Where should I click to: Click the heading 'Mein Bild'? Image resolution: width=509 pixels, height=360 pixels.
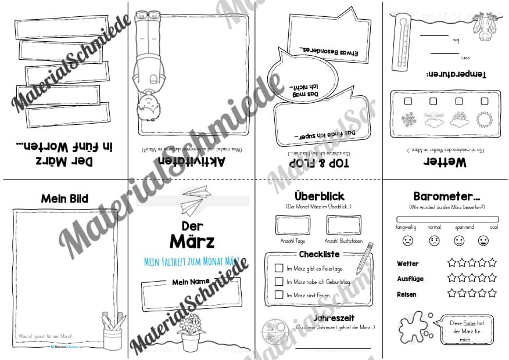(x=64, y=199)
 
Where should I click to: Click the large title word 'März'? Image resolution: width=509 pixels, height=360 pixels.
(x=192, y=240)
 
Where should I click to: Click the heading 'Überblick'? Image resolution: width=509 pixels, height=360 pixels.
(x=319, y=196)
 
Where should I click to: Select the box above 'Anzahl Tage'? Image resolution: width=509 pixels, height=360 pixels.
(x=292, y=225)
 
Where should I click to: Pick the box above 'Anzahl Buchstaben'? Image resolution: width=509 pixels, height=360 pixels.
(x=343, y=225)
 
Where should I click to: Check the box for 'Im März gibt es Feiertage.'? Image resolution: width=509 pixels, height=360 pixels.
(x=279, y=268)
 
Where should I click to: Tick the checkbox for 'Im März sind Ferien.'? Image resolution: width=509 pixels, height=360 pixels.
(x=279, y=295)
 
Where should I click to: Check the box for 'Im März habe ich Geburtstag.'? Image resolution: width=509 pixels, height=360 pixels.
(x=279, y=282)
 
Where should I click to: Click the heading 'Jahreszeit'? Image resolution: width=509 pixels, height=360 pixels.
(x=334, y=318)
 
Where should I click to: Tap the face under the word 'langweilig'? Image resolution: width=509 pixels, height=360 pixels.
(x=408, y=240)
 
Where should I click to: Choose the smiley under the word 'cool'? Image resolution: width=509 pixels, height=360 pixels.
(x=483, y=240)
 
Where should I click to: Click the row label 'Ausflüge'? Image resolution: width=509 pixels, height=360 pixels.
(x=409, y=279)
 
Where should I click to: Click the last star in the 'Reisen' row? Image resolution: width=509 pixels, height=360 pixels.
(x=492, y=293)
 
